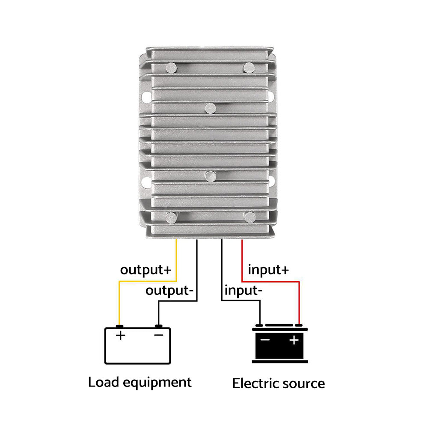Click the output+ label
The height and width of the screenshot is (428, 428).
(145, 270)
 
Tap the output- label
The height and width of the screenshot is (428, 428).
(170, 291)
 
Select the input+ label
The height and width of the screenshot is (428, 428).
(268, 270)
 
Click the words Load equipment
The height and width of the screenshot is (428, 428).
(140, 382)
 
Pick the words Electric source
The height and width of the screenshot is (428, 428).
(278, 383)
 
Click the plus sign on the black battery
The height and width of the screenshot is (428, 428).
(294, 341)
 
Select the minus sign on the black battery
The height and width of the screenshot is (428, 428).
(265, 341)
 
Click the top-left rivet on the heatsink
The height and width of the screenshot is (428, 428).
(171, 67)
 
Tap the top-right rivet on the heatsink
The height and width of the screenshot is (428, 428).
(249, 67)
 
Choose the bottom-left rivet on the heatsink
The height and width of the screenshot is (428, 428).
(171, 217)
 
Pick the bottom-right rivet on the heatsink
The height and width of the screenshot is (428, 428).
(250, 217)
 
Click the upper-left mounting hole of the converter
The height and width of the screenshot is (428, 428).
(144, 95)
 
